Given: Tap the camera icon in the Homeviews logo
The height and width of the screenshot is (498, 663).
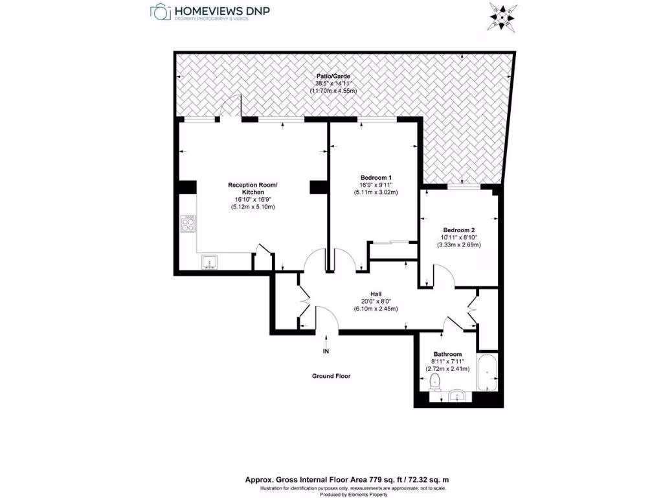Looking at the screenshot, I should coord(160,11).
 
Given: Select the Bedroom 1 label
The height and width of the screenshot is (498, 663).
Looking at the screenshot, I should coord(376,177).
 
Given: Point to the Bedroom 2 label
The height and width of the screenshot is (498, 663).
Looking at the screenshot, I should coord(459,230).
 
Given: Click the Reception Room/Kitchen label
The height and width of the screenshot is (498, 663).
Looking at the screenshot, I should coord(253,189).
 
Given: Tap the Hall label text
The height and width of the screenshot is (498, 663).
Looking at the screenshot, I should coord(376,293).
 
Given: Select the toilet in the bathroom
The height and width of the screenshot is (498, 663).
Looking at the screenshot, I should coord(434,381).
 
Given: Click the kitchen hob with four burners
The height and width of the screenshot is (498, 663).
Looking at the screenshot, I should coord(188,224).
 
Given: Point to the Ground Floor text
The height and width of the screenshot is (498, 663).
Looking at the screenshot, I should coord(331,376).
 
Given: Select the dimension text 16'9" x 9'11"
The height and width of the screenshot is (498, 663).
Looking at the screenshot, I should coord(376,185).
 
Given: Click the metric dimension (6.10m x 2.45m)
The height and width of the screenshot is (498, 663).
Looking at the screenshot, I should coord(376,309).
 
